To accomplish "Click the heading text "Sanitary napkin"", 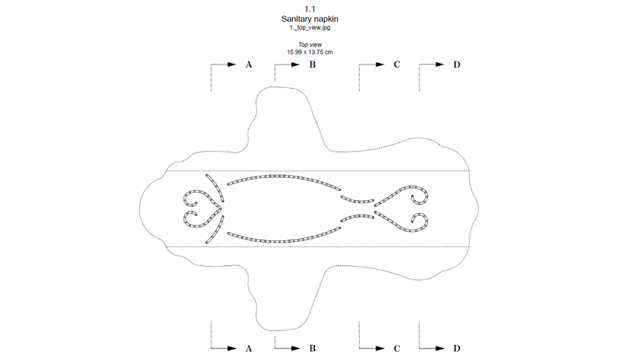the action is (310, 19).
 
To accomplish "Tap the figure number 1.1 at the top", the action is (310, 9).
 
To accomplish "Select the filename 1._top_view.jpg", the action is (310, 28).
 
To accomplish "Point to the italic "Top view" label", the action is (310, 45).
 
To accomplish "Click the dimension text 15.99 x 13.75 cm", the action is (310, 52).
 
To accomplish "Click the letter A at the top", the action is (248, 64).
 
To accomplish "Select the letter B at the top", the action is (313, 64).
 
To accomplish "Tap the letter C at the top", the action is (397, 64).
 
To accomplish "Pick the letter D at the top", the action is (457, 64).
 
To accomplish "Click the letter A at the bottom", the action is (248, 349).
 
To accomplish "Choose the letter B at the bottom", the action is (313, 349).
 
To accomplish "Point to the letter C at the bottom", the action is (397, 349).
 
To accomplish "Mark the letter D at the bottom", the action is (457, 349).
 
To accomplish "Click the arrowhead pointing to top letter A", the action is (233, 64).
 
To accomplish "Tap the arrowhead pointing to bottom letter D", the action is (440, 349).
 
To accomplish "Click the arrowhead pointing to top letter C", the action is (380, 64).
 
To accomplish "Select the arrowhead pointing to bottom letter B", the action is (296, 349).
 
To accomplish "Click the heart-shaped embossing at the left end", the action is (203, 208).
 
